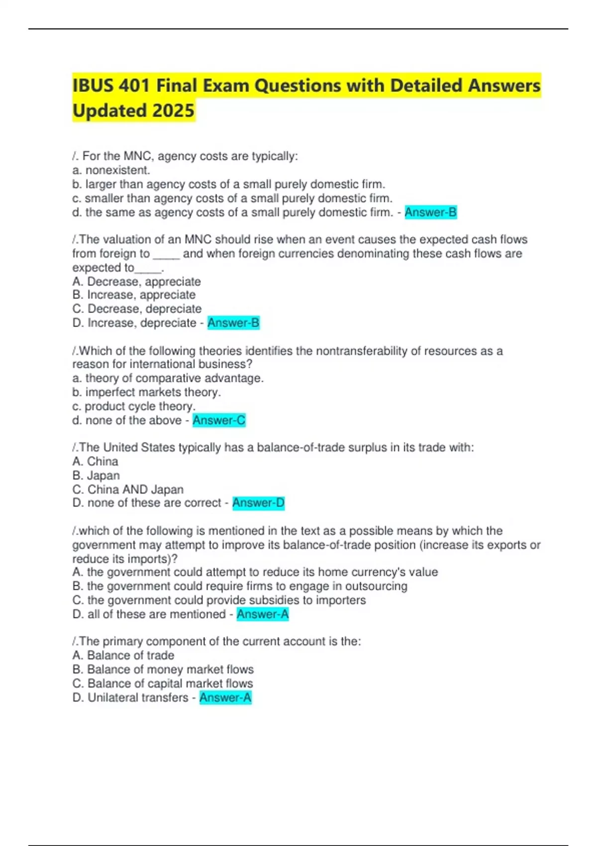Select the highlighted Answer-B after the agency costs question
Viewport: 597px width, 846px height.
(430, 212)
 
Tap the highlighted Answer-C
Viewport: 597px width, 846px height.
(219, 421)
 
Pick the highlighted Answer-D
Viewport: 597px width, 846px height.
(258, 503)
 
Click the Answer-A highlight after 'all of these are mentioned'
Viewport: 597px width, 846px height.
(263, 615)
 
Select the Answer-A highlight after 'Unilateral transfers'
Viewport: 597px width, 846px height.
(225, 698)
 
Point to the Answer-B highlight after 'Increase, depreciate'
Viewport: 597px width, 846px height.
(233, 323)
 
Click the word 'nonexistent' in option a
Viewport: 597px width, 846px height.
(117, 170)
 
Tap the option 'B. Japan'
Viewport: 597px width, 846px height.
(96, 475)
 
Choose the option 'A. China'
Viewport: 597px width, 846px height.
(95, 461)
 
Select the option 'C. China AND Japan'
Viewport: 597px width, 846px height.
(128, 489)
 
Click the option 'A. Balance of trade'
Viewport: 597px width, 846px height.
(123, 655)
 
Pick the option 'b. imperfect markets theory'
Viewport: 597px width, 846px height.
(146, 392)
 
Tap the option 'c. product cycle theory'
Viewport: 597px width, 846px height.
(134, 406)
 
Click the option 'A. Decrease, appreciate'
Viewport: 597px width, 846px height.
(136, 281)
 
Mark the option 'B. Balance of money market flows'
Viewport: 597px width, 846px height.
(163, 669)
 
